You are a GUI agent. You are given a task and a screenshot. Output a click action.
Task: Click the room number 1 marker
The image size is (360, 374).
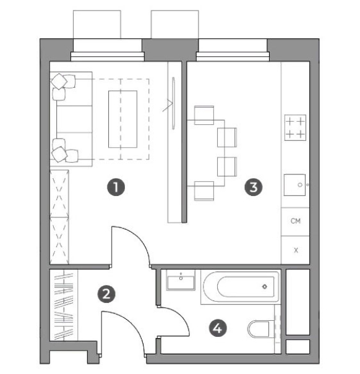coord(116,187)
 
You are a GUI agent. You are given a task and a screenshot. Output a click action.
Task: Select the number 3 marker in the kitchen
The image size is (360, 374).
coord(254,187)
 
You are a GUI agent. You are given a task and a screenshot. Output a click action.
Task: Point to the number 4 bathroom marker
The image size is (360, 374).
coord(218,328)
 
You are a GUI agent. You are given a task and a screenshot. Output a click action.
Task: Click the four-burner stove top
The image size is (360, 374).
coord(295,128)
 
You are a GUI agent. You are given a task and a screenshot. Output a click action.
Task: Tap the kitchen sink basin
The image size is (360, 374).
coord(294,185)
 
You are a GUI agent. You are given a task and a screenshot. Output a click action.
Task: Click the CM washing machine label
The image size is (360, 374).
coord(296,221)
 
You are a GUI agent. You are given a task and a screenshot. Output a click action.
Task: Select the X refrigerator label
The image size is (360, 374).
coord(296,250)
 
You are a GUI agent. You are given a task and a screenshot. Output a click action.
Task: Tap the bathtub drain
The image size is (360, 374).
coord(265,286)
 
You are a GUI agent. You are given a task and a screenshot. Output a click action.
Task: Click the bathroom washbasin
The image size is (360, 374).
coord(181,280)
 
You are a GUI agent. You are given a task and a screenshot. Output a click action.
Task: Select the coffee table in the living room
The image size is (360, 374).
coord(122,119)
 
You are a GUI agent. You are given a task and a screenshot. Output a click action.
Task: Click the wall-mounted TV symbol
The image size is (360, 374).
coord(174,103)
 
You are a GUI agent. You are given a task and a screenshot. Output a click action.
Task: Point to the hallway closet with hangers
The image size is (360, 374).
coord(64,305)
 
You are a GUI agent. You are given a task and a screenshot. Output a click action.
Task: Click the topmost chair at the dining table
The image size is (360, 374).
coord(204,115)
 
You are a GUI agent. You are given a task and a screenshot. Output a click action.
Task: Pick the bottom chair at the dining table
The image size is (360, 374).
coord(204,191)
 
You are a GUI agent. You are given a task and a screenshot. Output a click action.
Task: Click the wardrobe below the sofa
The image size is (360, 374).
coord(59,217)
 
